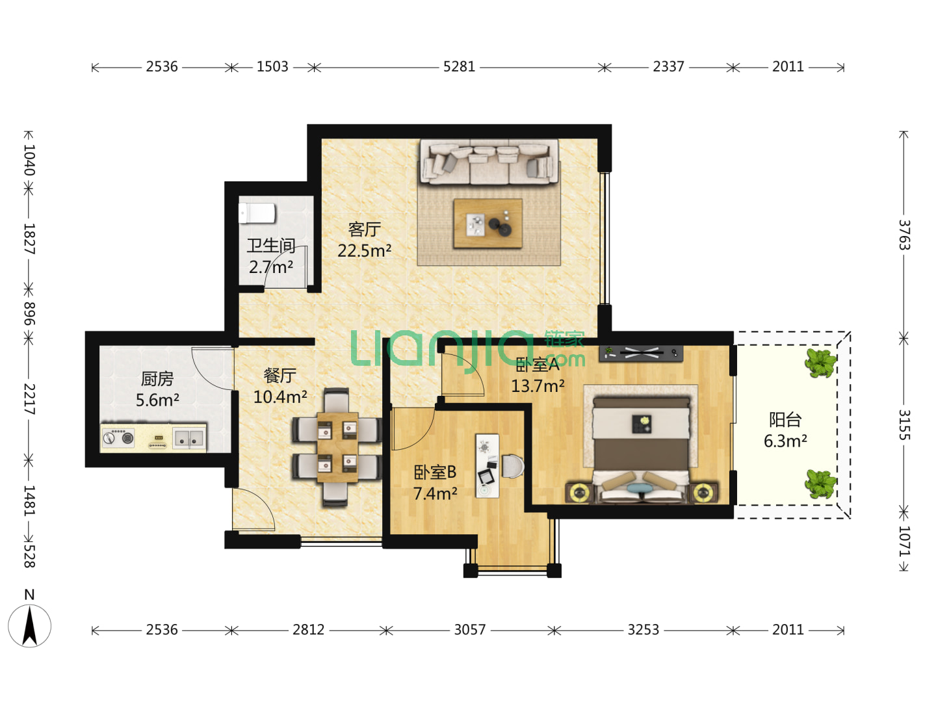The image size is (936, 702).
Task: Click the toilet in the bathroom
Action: click(257, 213)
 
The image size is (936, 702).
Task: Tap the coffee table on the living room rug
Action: click(487, 223)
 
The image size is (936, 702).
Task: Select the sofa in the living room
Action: click(489, 162)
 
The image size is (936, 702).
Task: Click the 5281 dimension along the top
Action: click(459, 66)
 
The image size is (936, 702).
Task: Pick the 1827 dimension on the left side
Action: click(29, 239)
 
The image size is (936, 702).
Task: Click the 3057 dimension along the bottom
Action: click(469, 630)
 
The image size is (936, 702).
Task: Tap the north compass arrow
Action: click(29, 625)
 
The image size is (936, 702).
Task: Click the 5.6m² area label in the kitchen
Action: click(157, 400)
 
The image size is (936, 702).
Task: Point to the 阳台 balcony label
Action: click(785, 419)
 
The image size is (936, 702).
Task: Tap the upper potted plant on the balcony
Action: click(820, 363)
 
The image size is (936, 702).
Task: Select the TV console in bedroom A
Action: click(640, 354)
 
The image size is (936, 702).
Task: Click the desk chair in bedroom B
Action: click(512, 466)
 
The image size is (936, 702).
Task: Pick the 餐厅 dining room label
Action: click(279, 376)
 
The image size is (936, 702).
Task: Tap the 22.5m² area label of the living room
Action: click(364, 250)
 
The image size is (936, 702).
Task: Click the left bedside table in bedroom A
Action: click(578, 493)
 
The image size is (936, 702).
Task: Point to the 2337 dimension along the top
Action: click(668, 66)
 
